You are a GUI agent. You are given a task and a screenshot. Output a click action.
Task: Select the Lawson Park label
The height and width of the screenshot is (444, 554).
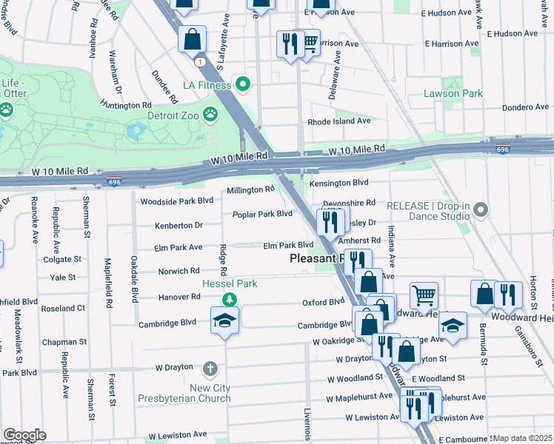[453, 93]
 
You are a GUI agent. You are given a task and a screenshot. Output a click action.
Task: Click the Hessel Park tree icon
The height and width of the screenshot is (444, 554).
[230, 298]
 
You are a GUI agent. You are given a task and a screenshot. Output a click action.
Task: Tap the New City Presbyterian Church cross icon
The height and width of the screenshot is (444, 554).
[211, 368]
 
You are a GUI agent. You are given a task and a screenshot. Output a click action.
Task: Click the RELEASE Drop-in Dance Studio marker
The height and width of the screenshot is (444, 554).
[480, 211]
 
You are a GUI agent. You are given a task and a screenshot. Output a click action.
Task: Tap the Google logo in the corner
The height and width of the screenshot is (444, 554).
[24, 435]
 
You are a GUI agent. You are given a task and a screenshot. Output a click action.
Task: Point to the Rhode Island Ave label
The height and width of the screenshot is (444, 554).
[339, 121]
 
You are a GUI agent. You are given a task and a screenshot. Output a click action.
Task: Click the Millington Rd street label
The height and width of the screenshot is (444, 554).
[250, 189]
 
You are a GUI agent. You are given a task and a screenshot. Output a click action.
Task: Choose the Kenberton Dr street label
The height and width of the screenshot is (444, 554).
[178, 225]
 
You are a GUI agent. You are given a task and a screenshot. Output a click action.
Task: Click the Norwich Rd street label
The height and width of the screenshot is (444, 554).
[178, 271]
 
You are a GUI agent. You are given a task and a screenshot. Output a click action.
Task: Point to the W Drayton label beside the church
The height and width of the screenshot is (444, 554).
[174, 367]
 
